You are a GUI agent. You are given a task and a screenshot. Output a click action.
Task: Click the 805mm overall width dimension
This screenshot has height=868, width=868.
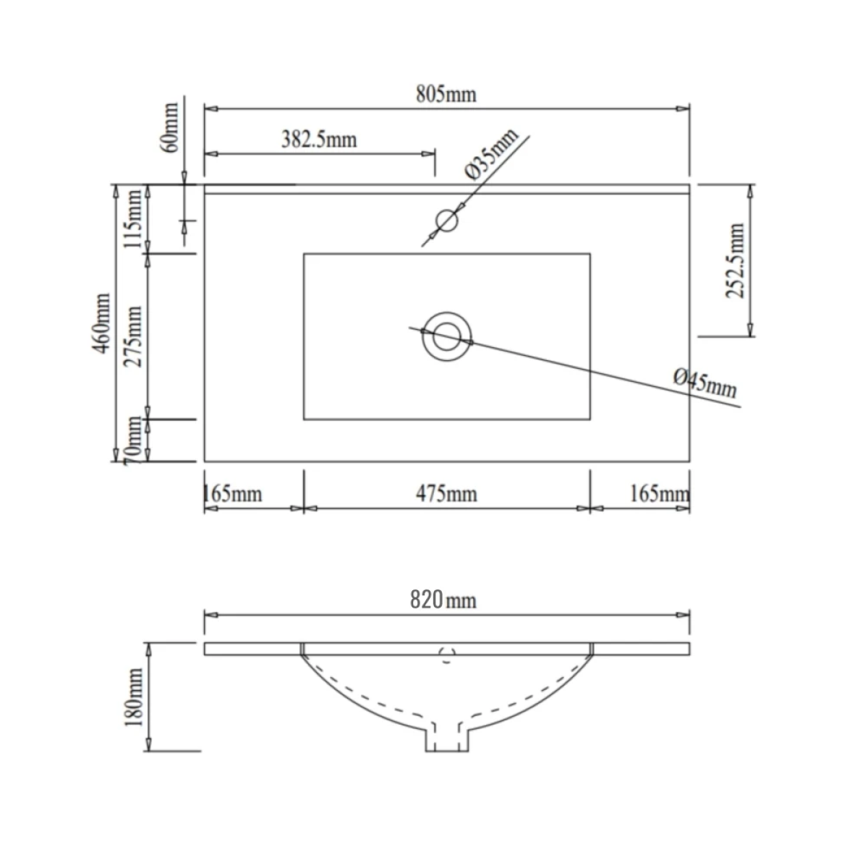pos(446,95)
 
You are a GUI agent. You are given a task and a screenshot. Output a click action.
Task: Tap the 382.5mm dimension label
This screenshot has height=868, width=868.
pos(319,139)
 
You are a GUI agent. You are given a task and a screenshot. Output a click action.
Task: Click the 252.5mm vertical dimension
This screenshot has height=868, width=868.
pos(735,260)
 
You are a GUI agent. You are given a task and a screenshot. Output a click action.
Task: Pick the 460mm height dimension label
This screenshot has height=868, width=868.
pos(101,323)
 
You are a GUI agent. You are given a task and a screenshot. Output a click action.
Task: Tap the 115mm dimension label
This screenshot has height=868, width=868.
pos(133,219)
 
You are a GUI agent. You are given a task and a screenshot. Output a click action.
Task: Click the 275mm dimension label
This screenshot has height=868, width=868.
pos(133,336)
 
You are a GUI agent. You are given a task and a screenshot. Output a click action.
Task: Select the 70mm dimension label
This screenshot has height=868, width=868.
pos(134,440)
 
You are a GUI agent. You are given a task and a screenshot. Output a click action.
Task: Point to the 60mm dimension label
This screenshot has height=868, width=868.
pos(169,127)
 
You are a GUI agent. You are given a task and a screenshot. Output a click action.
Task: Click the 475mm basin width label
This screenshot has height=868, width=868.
pos(446,494)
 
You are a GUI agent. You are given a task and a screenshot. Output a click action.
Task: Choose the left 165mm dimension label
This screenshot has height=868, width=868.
pos(232,494)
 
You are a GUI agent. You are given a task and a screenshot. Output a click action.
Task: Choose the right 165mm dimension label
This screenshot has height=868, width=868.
pos(660,494)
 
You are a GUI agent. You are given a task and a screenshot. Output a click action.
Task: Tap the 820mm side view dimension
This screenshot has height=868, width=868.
pos(443,600)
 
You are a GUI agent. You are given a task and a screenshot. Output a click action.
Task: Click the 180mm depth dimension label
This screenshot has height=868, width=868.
pos(134,697)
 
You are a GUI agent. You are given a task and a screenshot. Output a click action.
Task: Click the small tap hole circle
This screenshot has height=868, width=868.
pos(447,221)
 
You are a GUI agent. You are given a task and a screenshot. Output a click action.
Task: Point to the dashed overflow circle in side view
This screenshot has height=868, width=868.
pos(447,655)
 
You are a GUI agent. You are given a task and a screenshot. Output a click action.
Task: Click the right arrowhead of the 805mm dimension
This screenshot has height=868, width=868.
pos(683,109)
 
